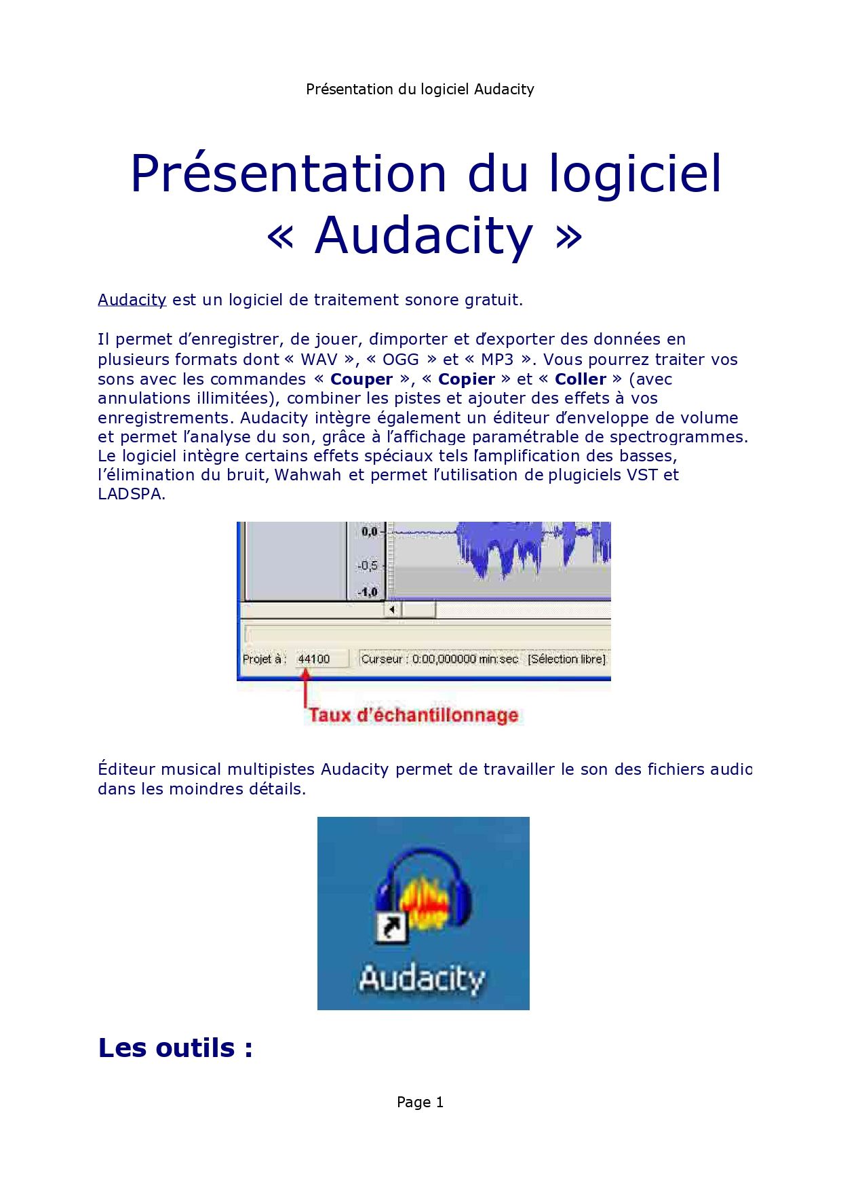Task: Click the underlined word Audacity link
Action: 132,300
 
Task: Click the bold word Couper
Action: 361,379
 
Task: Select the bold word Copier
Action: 467,379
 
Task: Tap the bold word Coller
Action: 581,379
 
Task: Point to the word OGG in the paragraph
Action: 401,360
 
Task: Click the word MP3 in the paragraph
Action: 497,360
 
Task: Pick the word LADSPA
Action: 130,494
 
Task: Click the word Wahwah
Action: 308,475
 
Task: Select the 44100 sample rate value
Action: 314,659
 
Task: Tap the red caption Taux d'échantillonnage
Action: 414,715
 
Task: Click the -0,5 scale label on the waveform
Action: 368,565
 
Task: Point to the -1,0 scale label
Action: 368,592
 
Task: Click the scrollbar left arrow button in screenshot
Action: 393,610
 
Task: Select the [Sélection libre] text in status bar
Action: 566,659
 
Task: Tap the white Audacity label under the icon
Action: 422,979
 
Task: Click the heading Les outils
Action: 176,1048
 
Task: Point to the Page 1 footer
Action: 420,1102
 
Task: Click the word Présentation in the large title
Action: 288,174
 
